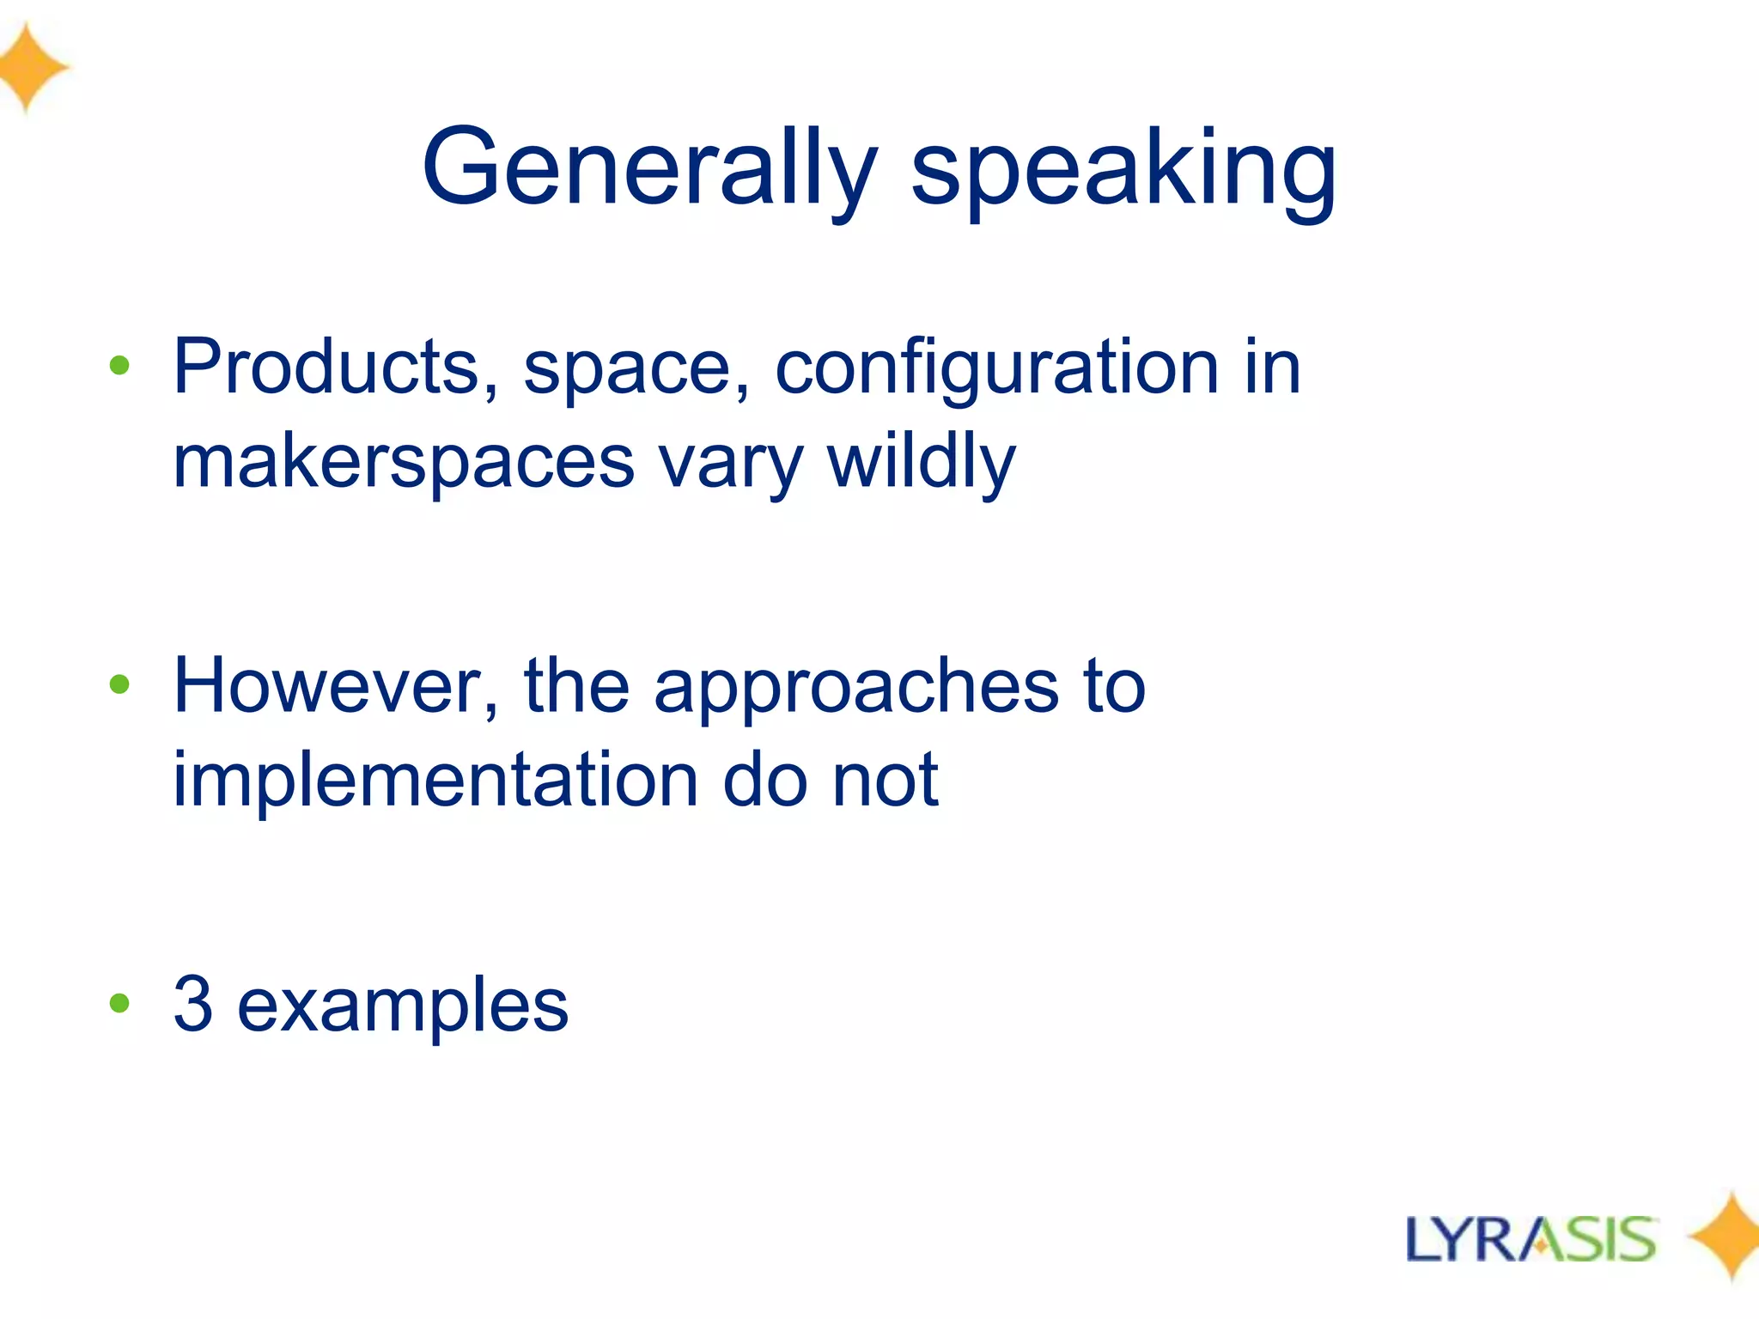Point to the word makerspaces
[404, 462]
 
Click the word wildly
[921, 462]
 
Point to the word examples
[402, 1006]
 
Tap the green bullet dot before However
[119, 684]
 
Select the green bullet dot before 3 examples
[119, 1002]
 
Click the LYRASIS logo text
[1531, 1239]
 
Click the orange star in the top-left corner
[30, 67]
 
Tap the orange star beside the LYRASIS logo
[1726, 1237]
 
